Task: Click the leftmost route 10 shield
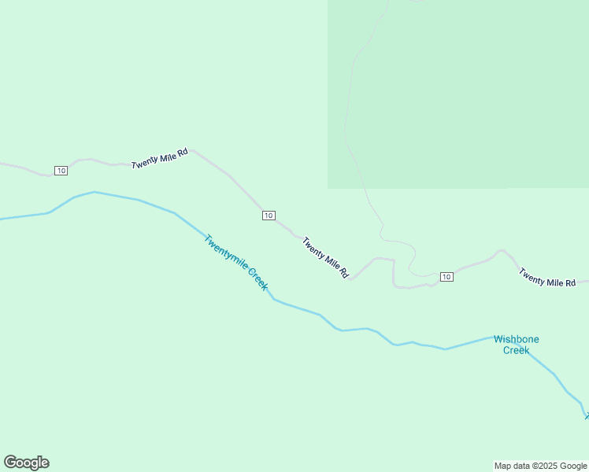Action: coord(61,171)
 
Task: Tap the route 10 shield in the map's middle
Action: coord(269,216)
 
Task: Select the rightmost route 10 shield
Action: coord(446,276)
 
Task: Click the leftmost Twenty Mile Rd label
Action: coord(160,157)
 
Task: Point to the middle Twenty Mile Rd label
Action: coord(325,257)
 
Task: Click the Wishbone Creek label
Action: coord(517,345)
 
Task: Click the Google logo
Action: coord(26,463)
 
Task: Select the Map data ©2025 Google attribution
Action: coord(541,466)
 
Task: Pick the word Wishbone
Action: coord(517,339)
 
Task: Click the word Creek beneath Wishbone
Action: coord(517,350)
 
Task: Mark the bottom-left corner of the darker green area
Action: coord(328,188)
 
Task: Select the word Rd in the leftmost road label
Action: coord(183,153)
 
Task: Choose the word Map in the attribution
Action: coord(503,466)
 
